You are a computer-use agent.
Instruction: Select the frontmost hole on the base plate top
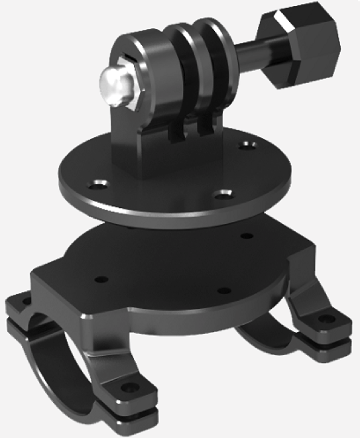[x=223, y=290]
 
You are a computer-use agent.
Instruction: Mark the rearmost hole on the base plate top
[x=247, y=236]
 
